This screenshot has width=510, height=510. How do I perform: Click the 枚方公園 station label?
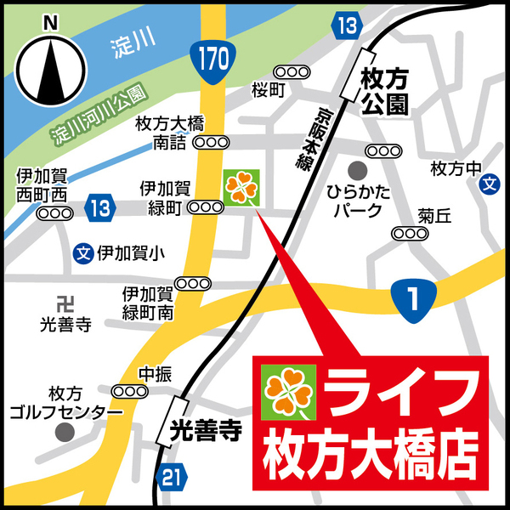[384, 92]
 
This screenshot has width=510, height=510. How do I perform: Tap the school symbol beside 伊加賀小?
[83, 252]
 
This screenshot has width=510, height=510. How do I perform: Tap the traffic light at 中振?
[130, 390]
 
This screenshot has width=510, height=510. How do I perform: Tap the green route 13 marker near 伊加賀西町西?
[100, 207]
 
